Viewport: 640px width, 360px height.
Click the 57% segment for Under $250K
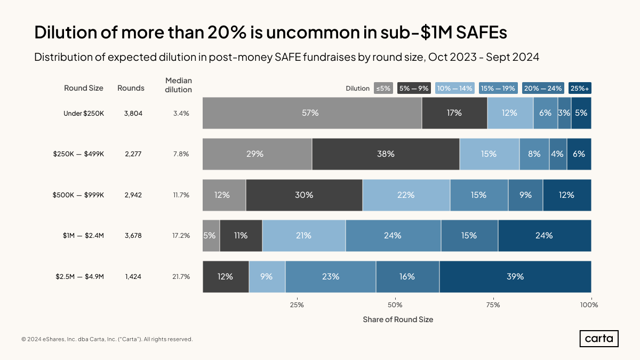pos(312,113)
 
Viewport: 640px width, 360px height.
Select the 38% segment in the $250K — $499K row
pos(386,154)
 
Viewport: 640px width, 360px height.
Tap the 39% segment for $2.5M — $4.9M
pos(515,276)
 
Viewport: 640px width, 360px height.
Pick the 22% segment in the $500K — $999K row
pos(406,195)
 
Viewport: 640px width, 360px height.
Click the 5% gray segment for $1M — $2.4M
pos(211,235)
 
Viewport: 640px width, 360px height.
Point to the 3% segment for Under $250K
pos(564,113)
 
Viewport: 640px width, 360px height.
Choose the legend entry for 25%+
pos(580,89)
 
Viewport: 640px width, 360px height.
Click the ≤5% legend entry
pos(383,89)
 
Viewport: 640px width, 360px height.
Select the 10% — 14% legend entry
pos(454,89)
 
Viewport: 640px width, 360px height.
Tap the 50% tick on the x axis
pos(395,305)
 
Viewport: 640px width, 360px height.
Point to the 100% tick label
pos(589,305)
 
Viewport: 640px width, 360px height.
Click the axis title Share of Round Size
pos(398,319)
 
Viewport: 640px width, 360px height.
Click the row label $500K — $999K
pos(78,195)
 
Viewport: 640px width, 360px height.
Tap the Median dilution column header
pos(179,85)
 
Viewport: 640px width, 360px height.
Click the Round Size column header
pos(84,88)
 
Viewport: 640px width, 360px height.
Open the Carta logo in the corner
pos(599,339)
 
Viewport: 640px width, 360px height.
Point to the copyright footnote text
pos(107,339)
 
